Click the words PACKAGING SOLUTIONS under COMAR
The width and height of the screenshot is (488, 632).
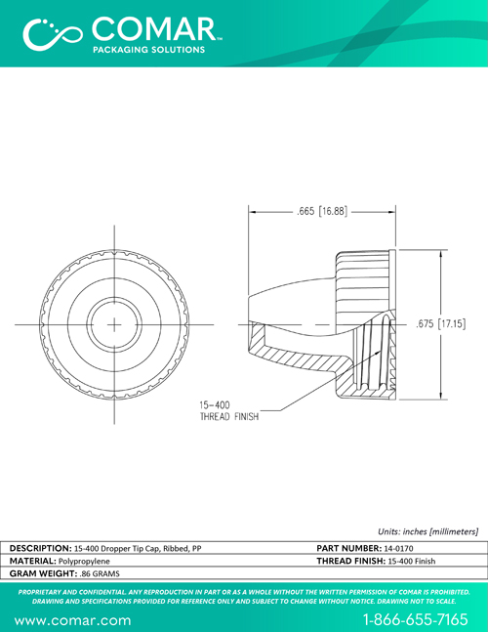(149, 50)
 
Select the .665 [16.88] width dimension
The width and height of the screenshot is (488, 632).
(322, 211)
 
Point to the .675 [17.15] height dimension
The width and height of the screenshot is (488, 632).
(441, 323)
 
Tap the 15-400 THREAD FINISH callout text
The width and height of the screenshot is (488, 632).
(229, 410)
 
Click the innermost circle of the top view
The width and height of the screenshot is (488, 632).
(114, 324)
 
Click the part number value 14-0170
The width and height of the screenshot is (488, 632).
(398, 548)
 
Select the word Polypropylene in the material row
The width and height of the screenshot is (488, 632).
(84, 561)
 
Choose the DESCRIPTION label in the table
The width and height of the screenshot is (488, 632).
(41, 548)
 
